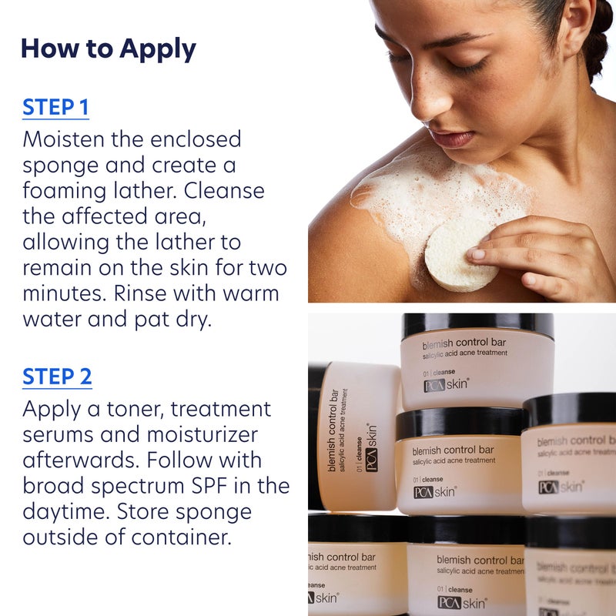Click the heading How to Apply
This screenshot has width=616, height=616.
click(108, 49)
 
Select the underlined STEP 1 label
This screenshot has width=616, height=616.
click(55, 107)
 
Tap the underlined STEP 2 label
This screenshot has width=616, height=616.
click(57, 377)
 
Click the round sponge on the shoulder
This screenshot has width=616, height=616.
click(457, 253)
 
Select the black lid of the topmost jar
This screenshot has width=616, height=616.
click(477, 324)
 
